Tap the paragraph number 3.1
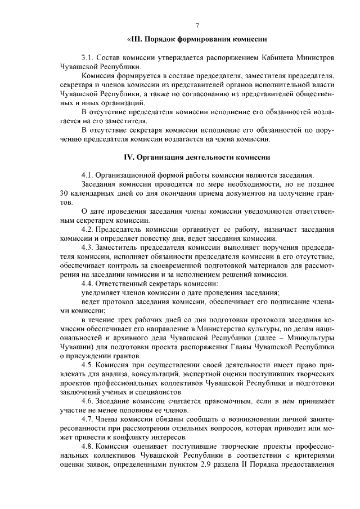click(x=87, y=58)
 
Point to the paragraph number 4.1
click(x=87, y=175)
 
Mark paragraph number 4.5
click(x=87, y=364)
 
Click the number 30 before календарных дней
click(x=64, y=193)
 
